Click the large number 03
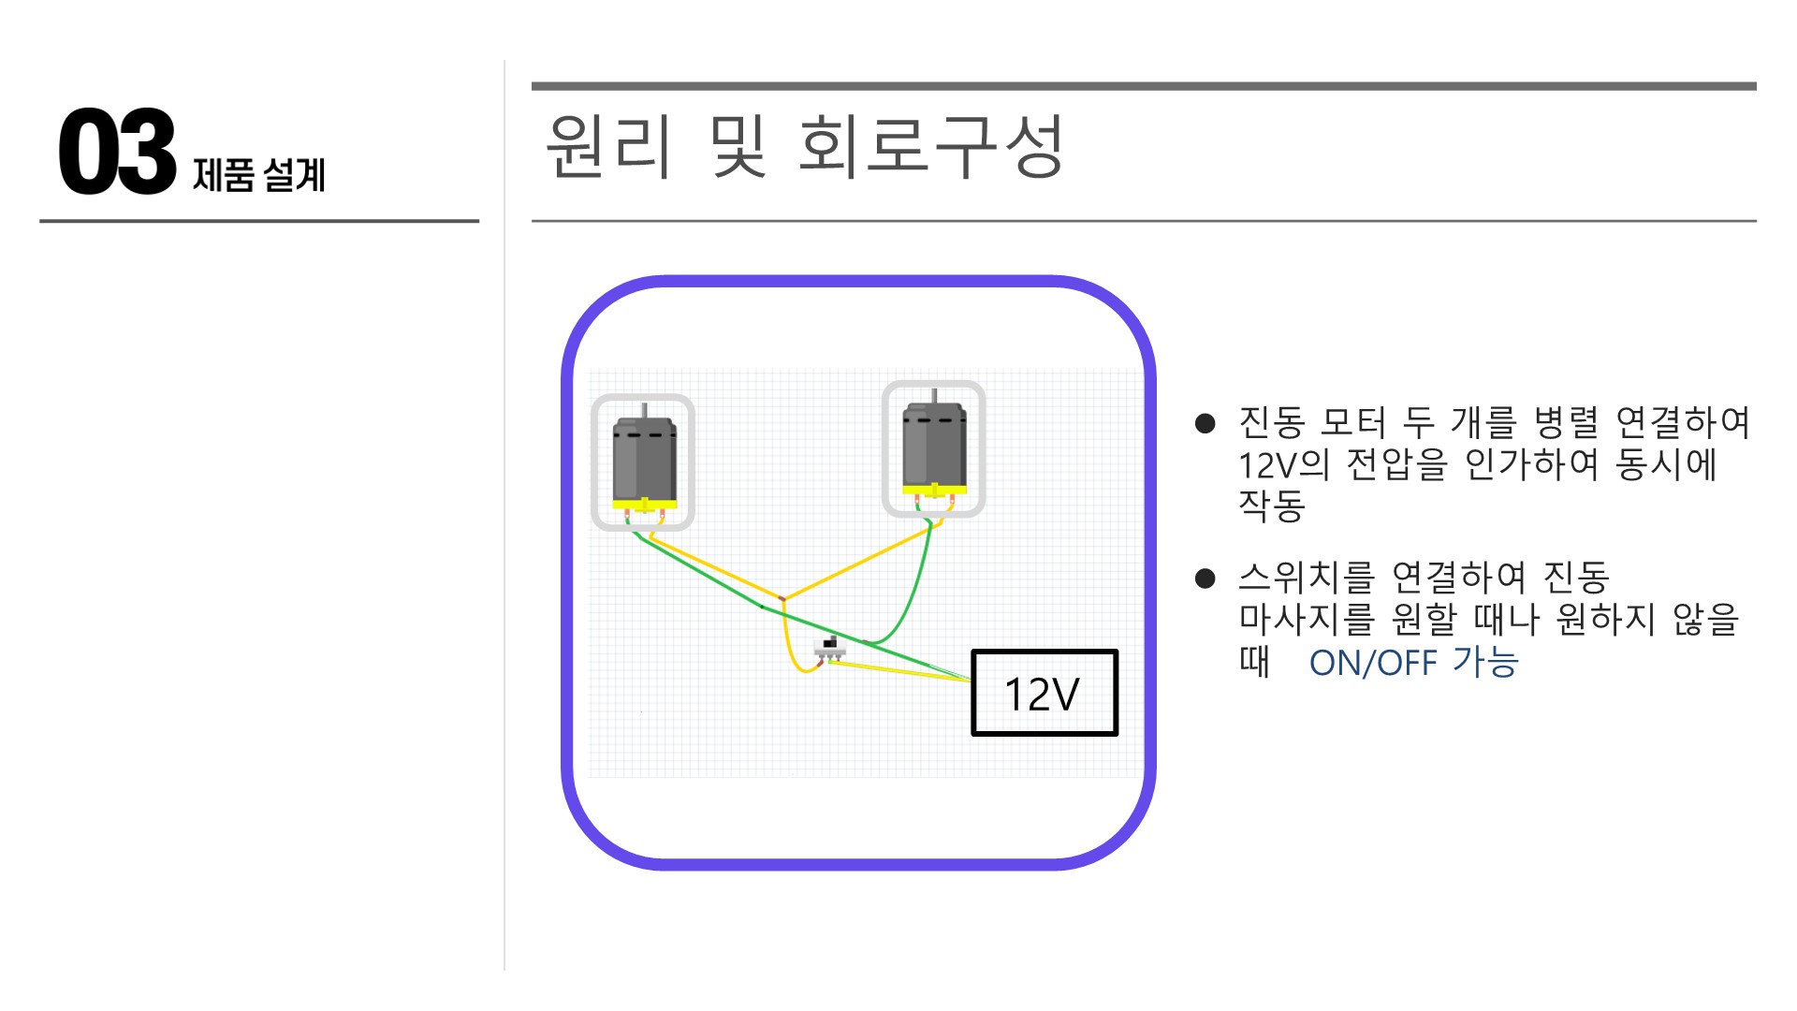click(x=117, y=151)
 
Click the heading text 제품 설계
click(x=258, y=175)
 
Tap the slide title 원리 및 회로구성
click(x=804, y=146)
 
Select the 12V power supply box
click(x=1044, y=693)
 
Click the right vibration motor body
click(x=934, y=445)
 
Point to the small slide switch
click(x=828, y=649)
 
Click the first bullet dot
click(x=1205, y=424)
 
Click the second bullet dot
click(x=1205, y=579)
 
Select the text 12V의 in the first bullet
click(x=1283, y=464)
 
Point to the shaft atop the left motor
click(x=644, y=410)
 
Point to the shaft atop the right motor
click(x=934, y=396)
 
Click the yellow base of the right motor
click(x=934, y=490)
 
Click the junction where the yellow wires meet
click(x=782, y=598)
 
